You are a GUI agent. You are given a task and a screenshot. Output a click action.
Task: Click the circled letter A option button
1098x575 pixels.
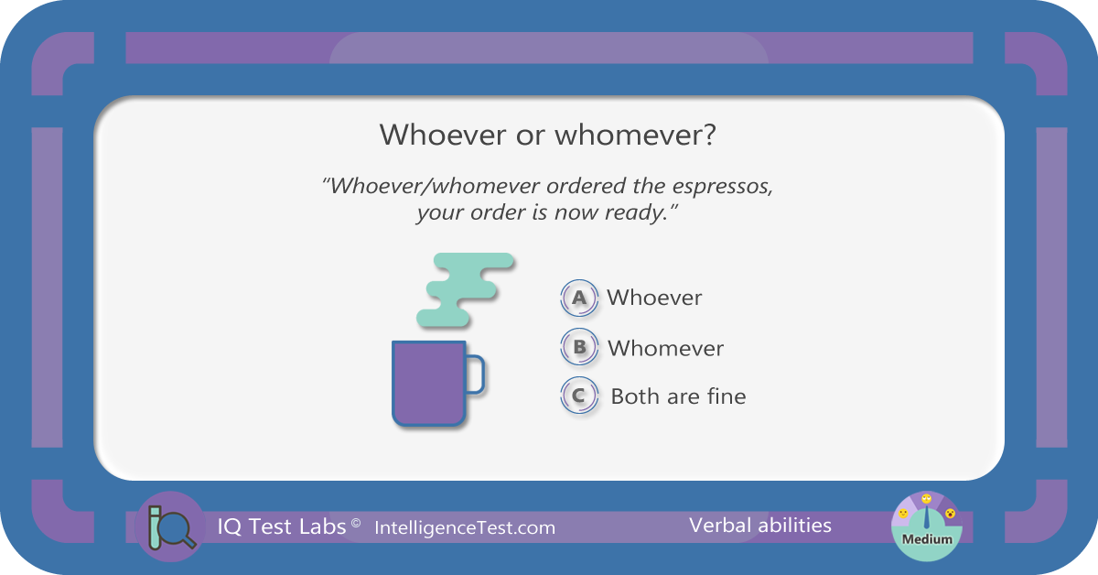579,298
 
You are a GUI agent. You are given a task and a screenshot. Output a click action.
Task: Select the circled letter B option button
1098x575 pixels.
579,347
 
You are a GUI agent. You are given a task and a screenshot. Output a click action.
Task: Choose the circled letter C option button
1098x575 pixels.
579,396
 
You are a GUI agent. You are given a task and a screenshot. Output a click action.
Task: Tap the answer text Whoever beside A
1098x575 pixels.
654,298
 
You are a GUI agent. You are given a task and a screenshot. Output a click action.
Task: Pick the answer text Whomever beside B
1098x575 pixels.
665,348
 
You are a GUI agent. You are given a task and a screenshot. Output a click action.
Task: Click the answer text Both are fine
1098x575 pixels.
678,396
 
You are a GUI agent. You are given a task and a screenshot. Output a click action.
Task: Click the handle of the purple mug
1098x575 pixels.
477,374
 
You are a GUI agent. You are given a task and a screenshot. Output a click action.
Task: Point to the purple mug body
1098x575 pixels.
428,383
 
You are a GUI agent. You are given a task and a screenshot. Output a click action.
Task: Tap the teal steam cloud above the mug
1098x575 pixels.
465,289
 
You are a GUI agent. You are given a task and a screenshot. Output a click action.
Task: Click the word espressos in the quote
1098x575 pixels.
722,187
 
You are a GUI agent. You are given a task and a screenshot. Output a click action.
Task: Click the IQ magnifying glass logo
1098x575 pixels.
170,526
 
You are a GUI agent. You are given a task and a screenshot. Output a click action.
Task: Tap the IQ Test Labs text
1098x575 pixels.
282,526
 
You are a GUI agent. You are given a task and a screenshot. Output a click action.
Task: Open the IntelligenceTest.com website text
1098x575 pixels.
465,528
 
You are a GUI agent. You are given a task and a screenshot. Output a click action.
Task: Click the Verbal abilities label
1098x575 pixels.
760,526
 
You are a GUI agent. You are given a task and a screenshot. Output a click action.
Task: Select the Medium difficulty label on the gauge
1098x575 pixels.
927,539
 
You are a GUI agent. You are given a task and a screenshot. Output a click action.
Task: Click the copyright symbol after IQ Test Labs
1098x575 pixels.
356,523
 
